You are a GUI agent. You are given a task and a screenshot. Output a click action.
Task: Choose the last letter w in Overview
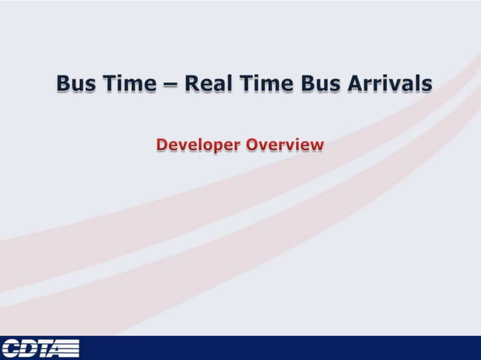[317, 145]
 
